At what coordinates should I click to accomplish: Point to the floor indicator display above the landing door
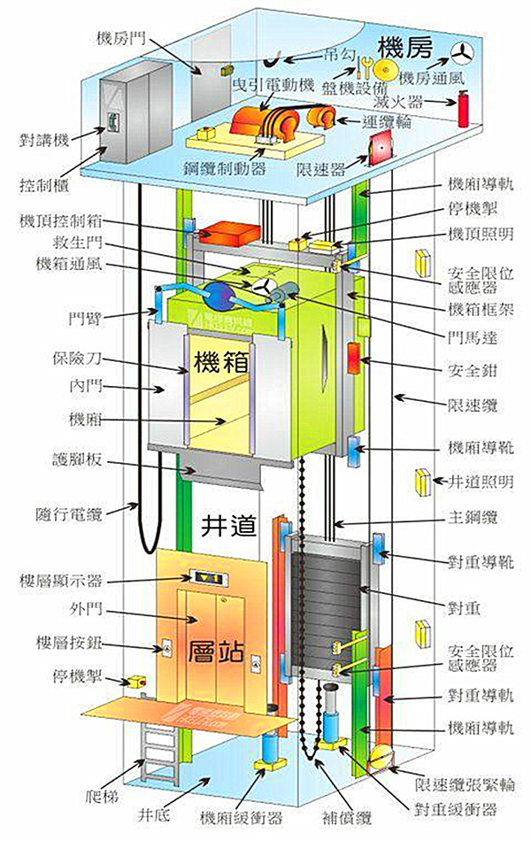(211, 579)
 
